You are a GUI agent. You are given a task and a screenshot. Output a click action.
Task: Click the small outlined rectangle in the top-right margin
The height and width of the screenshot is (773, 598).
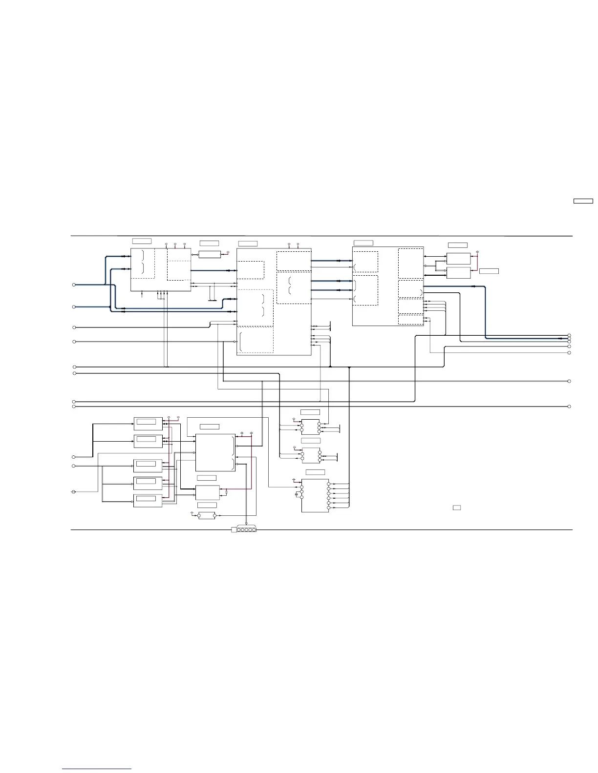[583, 201]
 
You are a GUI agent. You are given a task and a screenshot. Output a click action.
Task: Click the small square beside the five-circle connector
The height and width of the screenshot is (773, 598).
[234, 530]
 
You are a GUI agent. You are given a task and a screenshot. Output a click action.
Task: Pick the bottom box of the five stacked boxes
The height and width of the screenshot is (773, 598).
[148, 501]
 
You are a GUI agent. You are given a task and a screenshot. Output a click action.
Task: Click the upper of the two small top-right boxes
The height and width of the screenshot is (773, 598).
[458, 259]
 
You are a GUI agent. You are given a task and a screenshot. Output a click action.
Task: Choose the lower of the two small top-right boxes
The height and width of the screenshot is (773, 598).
[458, 273]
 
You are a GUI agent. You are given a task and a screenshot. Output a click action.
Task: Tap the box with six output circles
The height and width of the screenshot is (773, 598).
[315, 495]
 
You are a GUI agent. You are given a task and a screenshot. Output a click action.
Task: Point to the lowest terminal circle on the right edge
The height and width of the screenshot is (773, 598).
[570, 406]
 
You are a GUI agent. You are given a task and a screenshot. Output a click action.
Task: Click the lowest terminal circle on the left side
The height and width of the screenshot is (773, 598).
[74, 491]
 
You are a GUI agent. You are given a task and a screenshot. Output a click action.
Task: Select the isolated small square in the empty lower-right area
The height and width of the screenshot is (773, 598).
[457, 508]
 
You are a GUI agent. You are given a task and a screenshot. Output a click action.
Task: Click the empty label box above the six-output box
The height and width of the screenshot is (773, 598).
[315, 472]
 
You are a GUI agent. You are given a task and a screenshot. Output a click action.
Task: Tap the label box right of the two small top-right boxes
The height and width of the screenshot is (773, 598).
[489, 271]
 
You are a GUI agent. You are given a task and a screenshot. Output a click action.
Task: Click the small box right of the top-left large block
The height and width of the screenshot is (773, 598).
[210, 254]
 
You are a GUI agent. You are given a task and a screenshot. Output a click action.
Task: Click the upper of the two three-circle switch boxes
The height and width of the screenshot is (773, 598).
[310, 427]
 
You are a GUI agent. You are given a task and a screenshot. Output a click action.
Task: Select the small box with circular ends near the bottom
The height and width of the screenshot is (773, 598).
[207, 516]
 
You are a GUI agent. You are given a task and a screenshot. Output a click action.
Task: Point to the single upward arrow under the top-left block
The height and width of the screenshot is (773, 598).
[142, 293]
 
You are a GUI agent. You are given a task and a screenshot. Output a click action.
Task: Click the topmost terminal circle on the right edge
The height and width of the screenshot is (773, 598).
[570, 336]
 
